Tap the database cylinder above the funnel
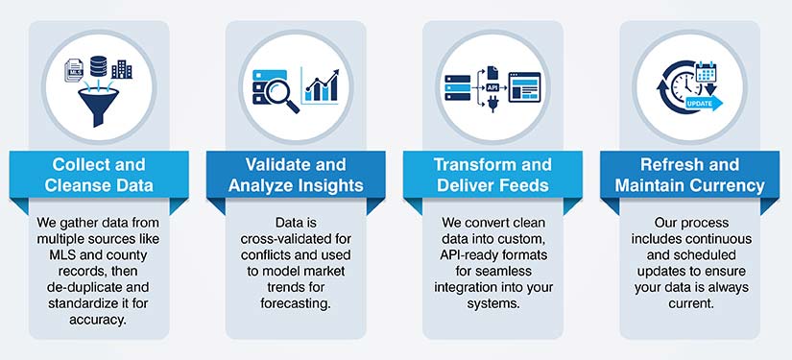click(x=98, y=67)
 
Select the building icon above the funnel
click(x=122, y=69)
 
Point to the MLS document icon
click(x=74, y=69)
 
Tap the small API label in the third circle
click(x=492, y=85)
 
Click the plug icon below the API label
click(x=492, y=106)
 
